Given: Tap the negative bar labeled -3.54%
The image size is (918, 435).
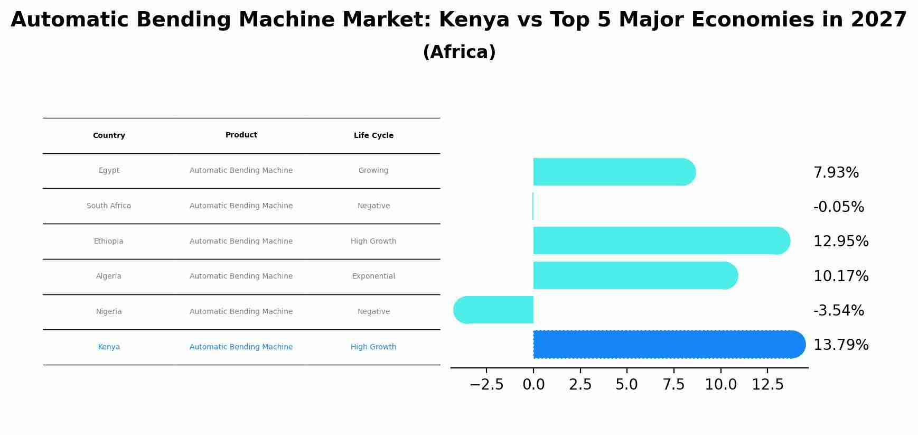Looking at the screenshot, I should coord(494,310).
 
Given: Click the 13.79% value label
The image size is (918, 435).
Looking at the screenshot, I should coord(841,345).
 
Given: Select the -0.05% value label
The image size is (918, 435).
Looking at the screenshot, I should coord(839,207).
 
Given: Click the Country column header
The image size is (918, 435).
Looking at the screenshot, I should coord(109,136).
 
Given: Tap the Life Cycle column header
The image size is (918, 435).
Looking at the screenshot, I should coord(373,136).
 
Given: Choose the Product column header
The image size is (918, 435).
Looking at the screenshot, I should coord(241,135).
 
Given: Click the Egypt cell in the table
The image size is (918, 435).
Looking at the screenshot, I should coord(109,171).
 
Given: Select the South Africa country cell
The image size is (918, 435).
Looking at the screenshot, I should coord(109,206).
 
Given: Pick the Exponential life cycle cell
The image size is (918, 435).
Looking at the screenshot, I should coord(373,276).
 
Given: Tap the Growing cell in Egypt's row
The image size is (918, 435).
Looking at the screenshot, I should coord(373,171).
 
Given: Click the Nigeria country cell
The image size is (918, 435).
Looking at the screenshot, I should coord(109,312).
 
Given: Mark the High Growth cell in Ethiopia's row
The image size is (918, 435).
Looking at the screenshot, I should coord(373,242).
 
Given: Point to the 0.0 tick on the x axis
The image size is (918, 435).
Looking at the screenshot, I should coord(533,385).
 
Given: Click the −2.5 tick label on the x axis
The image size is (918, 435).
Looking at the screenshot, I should coord(486,385).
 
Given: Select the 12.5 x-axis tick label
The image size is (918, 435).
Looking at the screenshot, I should coord(767,385).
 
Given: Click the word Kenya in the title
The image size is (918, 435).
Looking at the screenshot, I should coord(474,20).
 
